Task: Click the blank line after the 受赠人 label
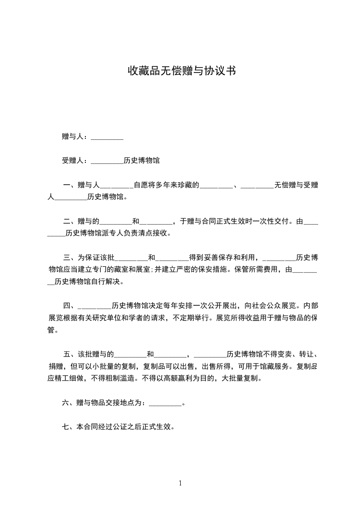click(x=107, y=161)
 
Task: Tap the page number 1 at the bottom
click(x=180, y=483)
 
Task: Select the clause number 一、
click(x=70, y=185)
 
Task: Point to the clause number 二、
click(x=70, y=222)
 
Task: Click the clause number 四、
click(x=70, y=305)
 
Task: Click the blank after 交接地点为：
click(x=165, y=403)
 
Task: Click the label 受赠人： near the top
click(x=75, y=161)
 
